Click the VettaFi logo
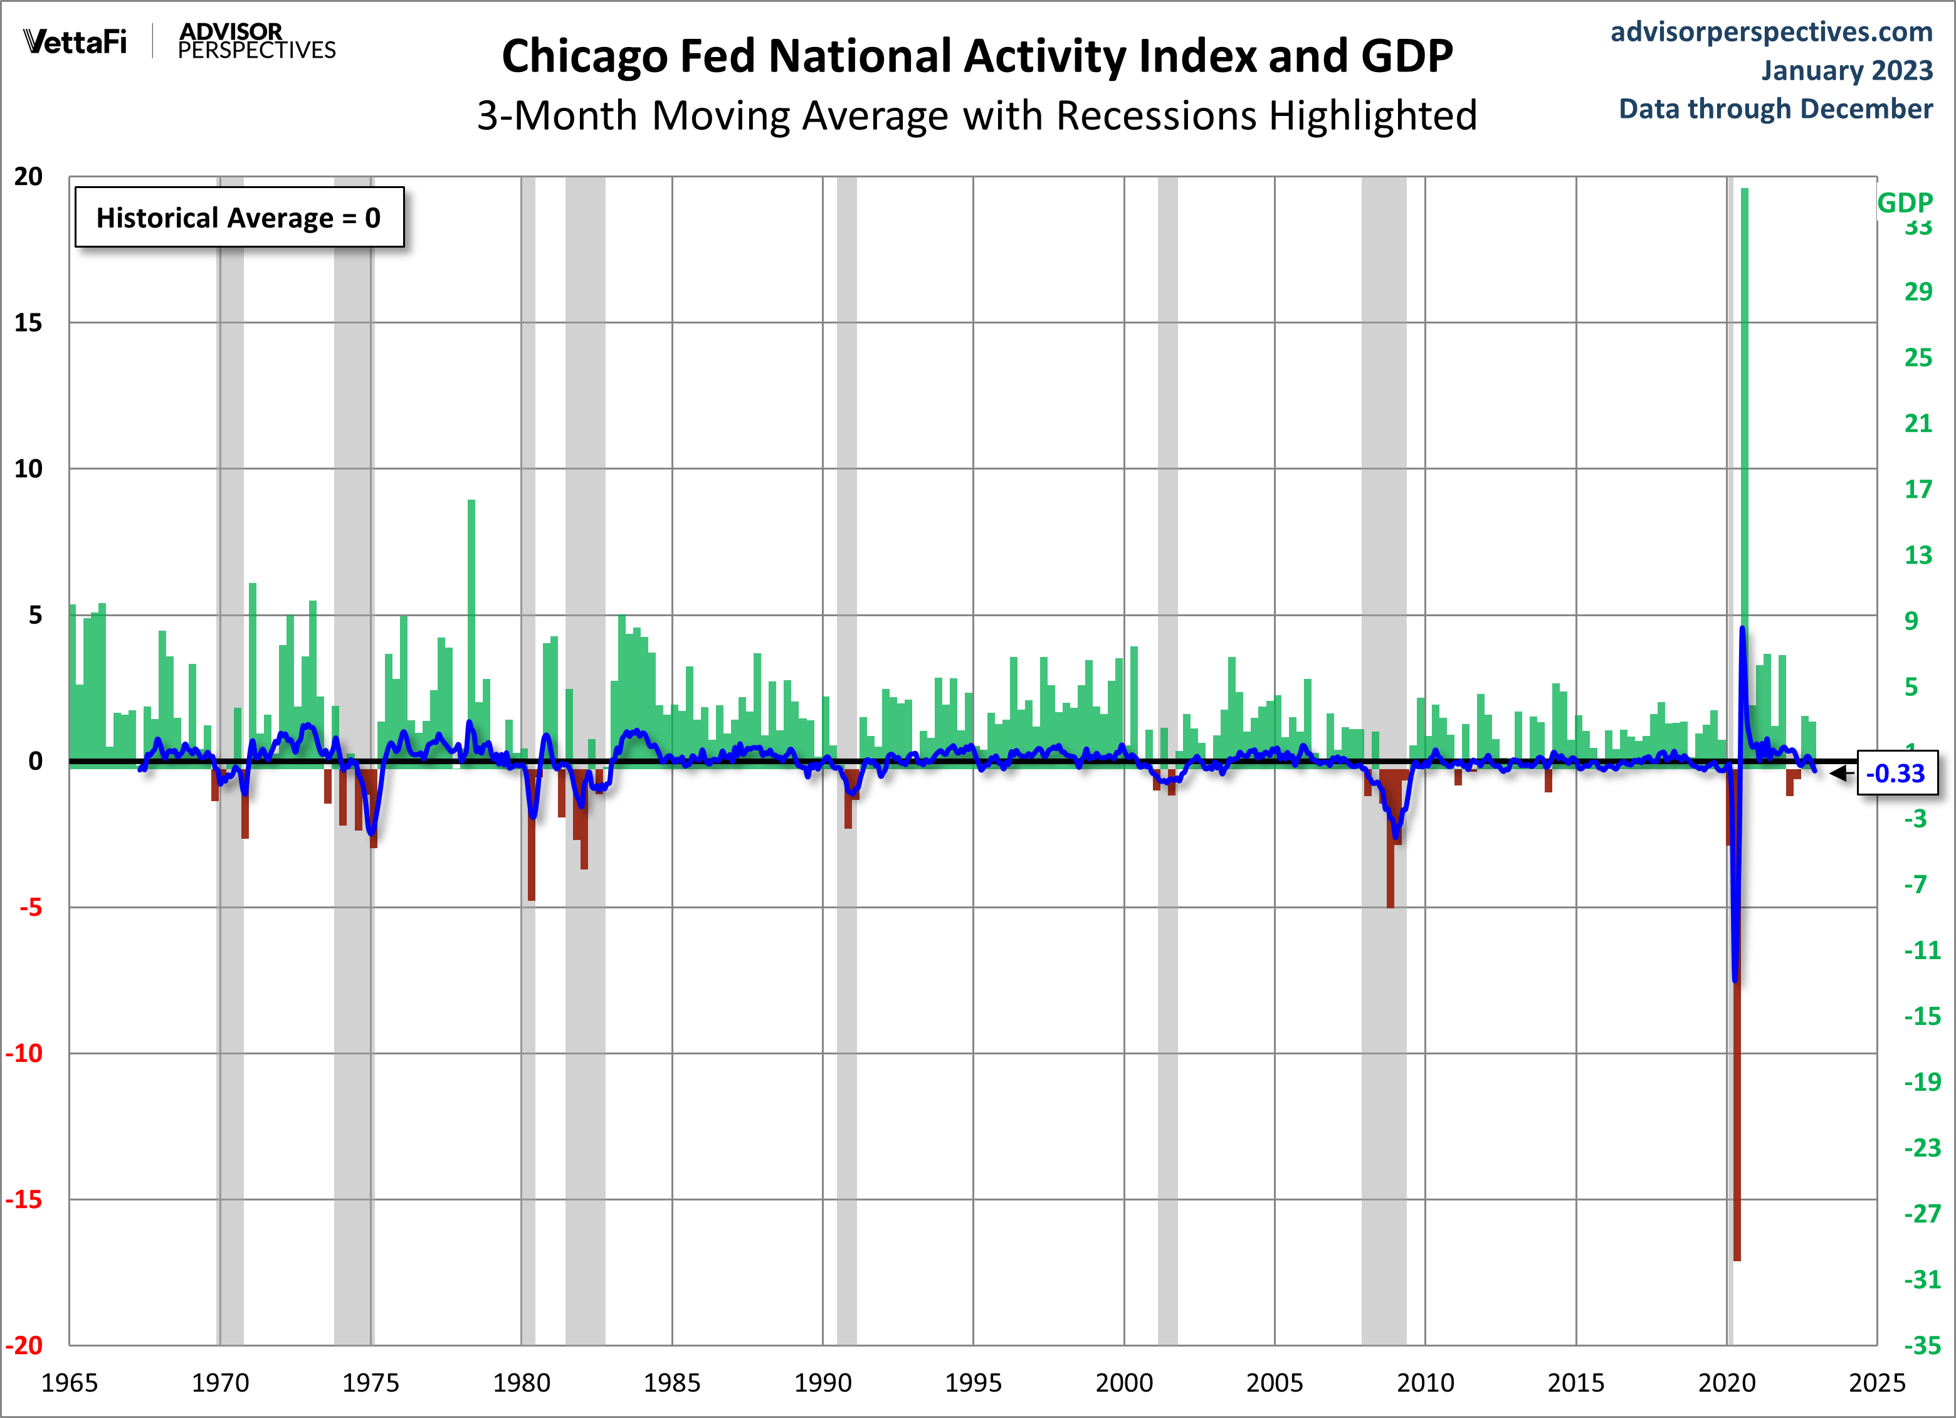pos(75,41)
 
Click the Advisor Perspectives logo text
pos(256,41)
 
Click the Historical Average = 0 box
pos(239,218)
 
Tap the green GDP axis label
pos(1904,202)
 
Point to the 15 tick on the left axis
pos(28,323)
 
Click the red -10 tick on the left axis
pos(24,1053)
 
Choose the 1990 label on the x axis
pos(822,1383)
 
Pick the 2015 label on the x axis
pos(1575,1383)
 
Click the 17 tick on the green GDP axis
pos(1917,489)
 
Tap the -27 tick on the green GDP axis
pos(1922,1214)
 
